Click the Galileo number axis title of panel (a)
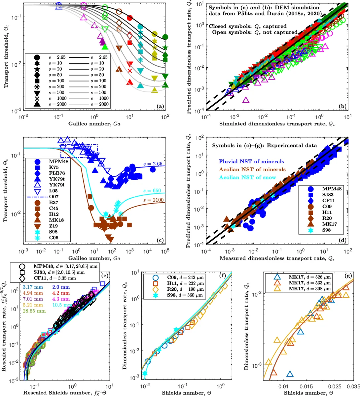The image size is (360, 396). coord(94,124)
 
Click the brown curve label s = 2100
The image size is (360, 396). coord(153,200)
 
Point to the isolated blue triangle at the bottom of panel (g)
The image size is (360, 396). coord(290,374)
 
